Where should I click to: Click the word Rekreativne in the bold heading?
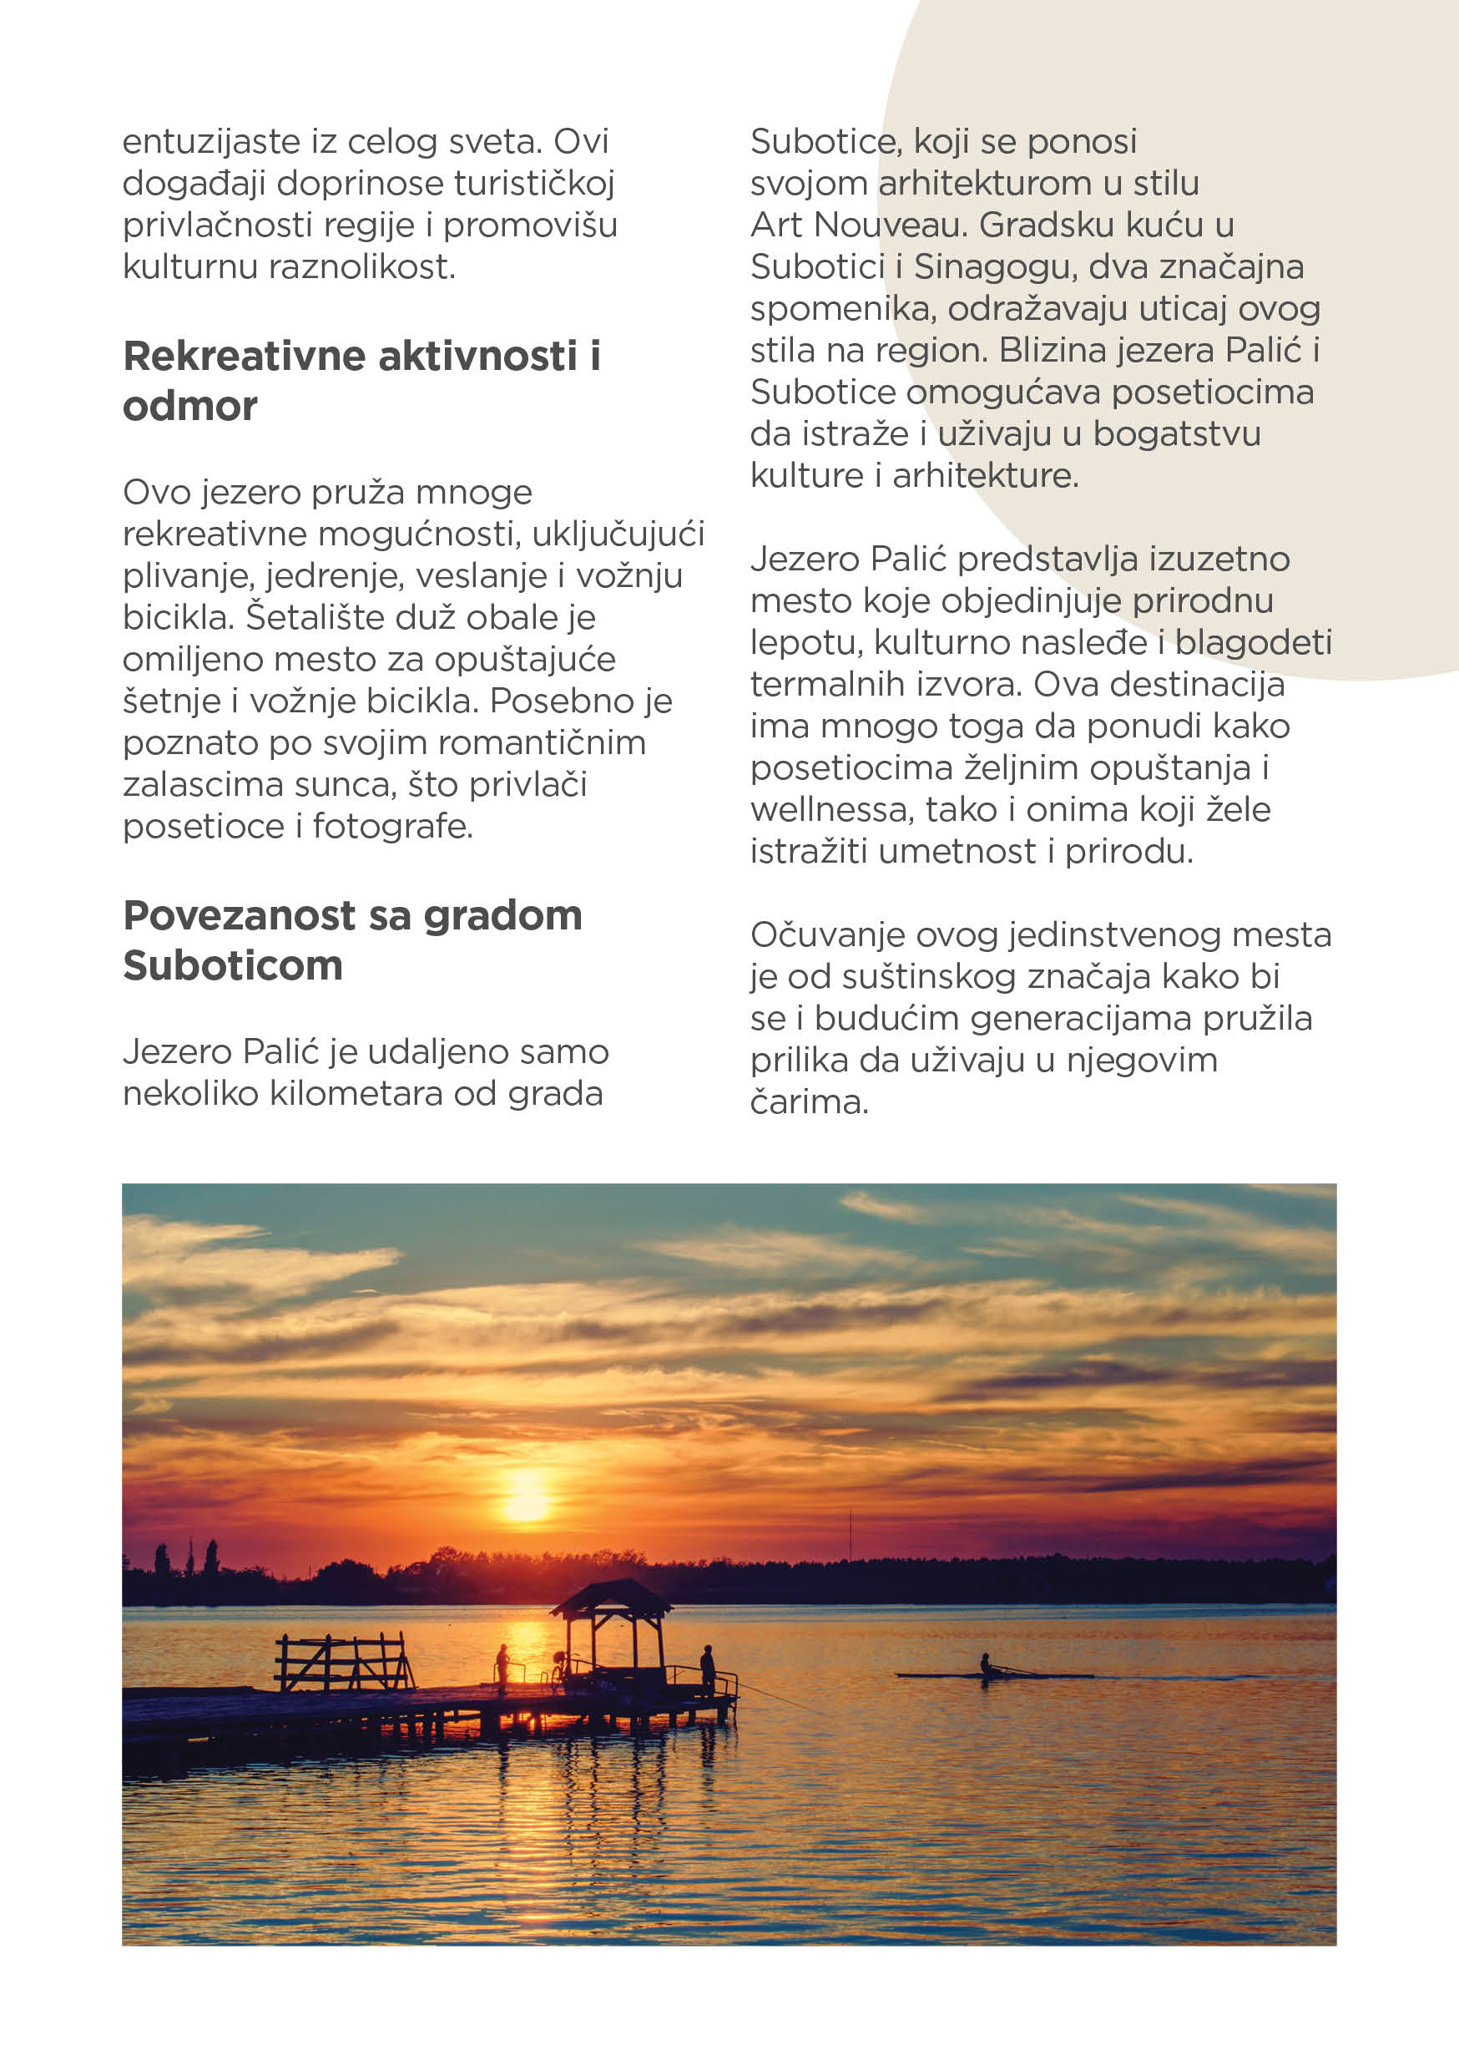pos(245,357)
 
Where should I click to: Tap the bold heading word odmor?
pos(189,407)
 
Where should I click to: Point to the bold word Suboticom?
pos(233,966)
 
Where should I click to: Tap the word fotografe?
pos(392,827)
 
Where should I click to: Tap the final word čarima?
pos(809,1102)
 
